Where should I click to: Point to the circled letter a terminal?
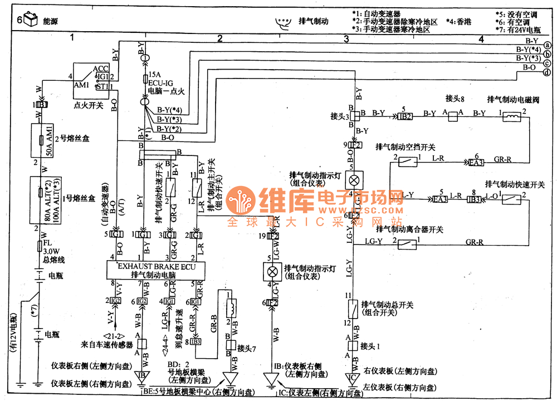click(548, 45)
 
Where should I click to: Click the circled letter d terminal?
click(548, 73)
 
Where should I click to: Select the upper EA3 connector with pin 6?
click(476, 163)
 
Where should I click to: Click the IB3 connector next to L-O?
click(473, 199)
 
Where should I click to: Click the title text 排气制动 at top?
click(314, 21)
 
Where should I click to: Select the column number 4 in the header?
click(481, 38)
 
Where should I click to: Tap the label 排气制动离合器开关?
click(410, 229)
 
